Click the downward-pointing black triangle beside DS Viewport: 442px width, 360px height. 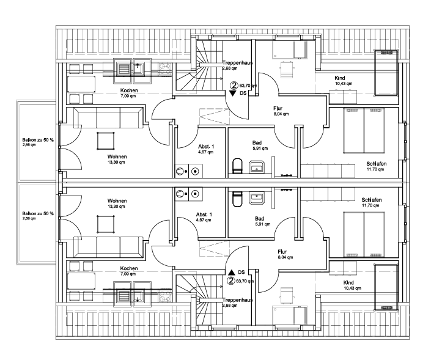point(232,94)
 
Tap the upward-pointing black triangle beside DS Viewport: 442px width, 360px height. point(232,272)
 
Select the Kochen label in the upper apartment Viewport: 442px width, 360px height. point(129,90)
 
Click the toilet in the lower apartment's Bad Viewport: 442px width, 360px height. point(237,200)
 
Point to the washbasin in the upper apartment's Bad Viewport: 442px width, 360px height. point(257,167)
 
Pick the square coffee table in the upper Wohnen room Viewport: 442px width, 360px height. point(105,141)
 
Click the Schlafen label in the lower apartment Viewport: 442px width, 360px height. point(372,200)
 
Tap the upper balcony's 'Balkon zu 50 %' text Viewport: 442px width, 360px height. point(38,140)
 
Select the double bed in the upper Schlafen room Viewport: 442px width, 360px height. point(364,131)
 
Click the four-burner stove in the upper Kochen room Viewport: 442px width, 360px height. point(165,69)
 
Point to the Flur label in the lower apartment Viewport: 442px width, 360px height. point(282,252)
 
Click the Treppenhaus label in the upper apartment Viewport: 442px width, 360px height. point(237,63)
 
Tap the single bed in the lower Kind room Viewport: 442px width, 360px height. point(386,287)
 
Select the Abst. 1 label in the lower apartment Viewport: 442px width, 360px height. point(204,215)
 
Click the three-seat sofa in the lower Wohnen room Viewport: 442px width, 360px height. point(108,248)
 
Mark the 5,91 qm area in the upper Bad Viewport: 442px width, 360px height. point(260,149)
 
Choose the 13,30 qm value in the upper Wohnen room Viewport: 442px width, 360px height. point(117,162)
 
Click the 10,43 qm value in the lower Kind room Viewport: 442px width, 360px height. point(352,288)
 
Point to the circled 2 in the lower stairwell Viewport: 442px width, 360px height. point(231,281)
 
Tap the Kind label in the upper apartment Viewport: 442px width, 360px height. point(340,78)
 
